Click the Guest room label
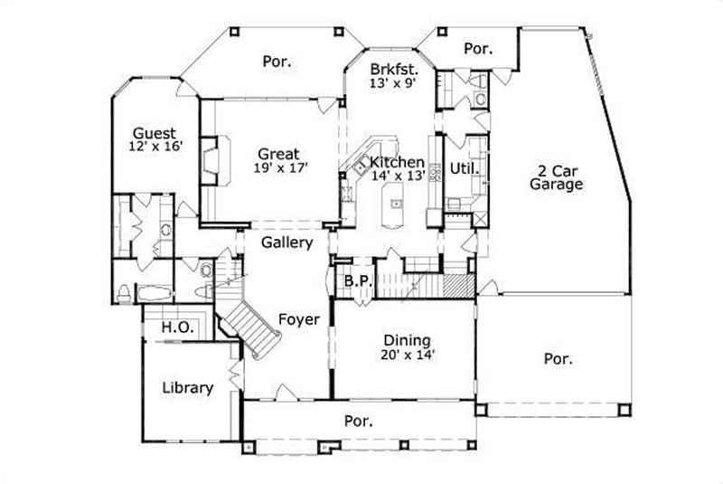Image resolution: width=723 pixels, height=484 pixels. pyautogui.click(x=154, y=132)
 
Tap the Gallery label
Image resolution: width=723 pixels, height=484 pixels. pyautogui.click(x=287, y=242)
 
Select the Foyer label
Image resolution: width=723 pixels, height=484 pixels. pyautogui.click(x=298, y=318)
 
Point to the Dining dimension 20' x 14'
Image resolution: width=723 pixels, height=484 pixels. pyautogui.click(x=408, y=355)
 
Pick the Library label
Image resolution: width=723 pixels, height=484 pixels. pyautogui.click(x=187, y=388)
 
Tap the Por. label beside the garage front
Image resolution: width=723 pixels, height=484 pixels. pyautogui.click(x=558, y=358)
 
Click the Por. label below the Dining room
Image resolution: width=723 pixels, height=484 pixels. pyautogui.click(x=360, y=420)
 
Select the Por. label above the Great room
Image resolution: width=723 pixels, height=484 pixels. pyautogui.click(x=277, y=62)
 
